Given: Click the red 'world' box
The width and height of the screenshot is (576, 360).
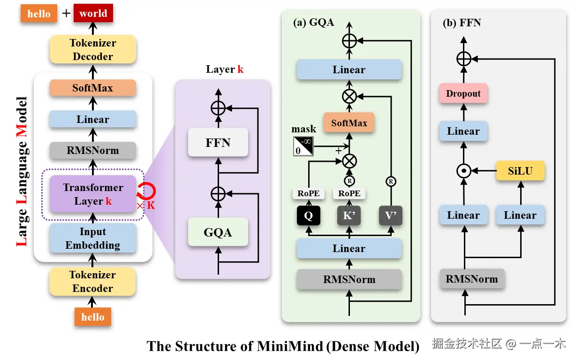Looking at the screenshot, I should coord(93,14).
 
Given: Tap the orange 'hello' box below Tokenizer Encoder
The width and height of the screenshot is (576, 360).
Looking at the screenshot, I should coord(92,317).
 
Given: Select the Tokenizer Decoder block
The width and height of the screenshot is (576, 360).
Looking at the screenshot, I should coord(92,50).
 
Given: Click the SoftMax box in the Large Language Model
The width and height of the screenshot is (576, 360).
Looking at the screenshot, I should coord(92,88).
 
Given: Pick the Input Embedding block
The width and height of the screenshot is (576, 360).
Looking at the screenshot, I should coord(92,238).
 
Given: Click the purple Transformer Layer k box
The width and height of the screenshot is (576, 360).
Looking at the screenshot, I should coord(92,194).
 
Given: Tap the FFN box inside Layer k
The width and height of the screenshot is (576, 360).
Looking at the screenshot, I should coord(218,142).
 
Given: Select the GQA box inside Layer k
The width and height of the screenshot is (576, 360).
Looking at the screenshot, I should coord(218,232).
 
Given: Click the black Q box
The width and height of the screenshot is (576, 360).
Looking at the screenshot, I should coord(308,216).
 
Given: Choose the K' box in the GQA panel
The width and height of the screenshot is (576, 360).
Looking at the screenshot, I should coord(349,216).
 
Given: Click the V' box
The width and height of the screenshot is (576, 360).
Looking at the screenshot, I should coord(391,216).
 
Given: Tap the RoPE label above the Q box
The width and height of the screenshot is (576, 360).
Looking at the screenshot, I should coord(308,193).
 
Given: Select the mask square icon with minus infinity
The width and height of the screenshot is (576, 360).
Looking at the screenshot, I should coord(303,146).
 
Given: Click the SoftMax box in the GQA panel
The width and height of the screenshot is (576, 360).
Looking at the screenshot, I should coord(349,123).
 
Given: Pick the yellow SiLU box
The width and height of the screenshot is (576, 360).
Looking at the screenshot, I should coord(520,171).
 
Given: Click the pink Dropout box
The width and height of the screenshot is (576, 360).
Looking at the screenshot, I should coord(463,93).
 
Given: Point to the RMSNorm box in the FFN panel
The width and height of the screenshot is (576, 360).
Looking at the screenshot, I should coord(471,279).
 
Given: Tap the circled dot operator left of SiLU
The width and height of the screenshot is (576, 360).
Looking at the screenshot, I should coord(464,171).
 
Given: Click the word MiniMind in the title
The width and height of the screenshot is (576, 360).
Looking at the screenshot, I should coord(290,346).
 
